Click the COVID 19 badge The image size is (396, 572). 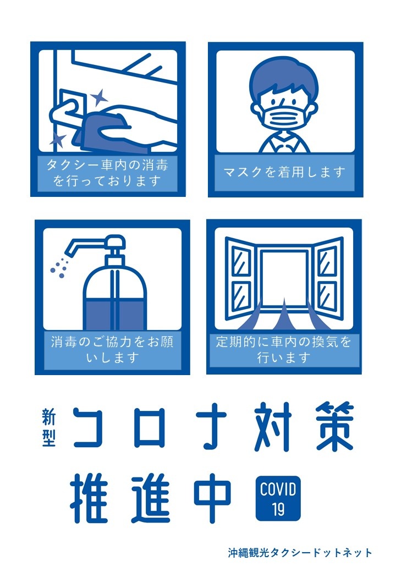[278, 498]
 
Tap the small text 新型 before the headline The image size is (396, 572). [48, 427]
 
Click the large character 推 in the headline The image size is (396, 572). [89, 499]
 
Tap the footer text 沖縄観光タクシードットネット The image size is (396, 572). [300, 553]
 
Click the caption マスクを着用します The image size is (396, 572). [284, 172]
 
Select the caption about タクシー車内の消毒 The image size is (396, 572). [107, 173]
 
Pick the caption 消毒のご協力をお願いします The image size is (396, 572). [112, 349]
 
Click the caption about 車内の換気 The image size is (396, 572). [283, 349]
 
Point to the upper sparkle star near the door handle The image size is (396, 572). [99, 97]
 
